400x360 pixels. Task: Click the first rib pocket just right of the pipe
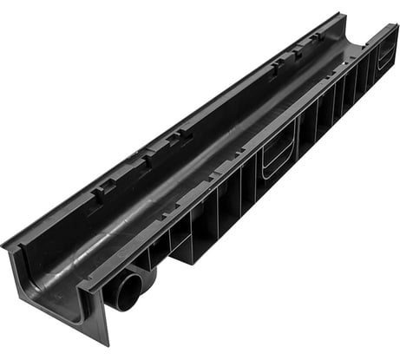tap(161, 252)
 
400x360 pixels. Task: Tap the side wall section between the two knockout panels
tap(334, 100)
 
